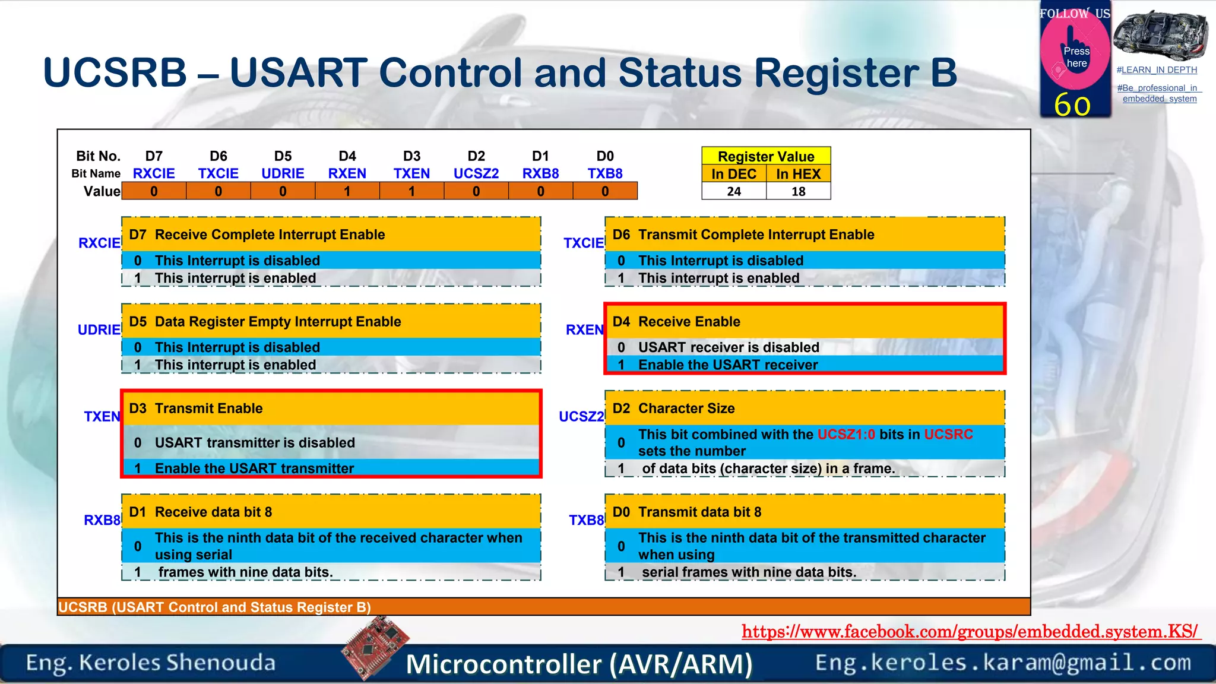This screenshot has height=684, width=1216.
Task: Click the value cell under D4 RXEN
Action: pos(347,191)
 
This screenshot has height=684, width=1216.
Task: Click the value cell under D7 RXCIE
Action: pos(154,191)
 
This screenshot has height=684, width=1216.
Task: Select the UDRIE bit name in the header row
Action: pos(283,173)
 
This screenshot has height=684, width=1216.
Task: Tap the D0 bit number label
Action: pos(604,156)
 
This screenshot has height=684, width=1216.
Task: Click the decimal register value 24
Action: pos(734,191)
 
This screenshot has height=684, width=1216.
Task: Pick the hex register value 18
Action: pos(798,191)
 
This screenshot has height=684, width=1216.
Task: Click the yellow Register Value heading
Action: pos(766,156)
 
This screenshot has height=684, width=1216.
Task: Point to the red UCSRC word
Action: pos(948,434)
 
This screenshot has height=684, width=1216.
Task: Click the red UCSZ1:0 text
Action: pos(846,434)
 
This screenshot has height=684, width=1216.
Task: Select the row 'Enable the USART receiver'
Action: pos(727,365)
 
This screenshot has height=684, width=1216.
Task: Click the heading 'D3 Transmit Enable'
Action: pos(196,408)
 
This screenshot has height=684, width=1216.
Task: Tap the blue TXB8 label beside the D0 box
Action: pos(586,520)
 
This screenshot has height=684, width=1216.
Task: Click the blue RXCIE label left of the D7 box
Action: pos(99,243)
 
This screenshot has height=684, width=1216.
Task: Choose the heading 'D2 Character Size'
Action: pos(674,408)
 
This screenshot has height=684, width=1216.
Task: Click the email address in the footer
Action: pos(1003,662)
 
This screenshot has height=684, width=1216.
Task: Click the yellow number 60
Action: pos(1072,104)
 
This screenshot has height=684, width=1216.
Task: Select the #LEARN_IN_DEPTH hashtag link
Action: pos(1157,70)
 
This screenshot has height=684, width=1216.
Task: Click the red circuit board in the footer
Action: pos(375,647)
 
